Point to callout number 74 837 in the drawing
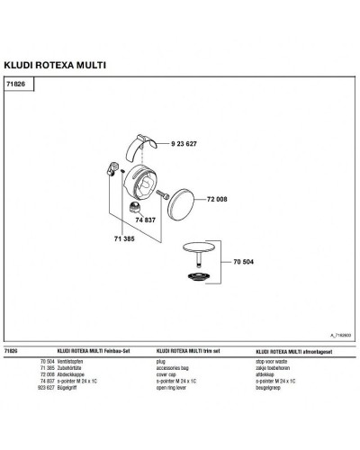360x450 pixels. click(x=146, y=219)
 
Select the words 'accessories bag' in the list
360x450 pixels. click(x=175, y=364)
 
